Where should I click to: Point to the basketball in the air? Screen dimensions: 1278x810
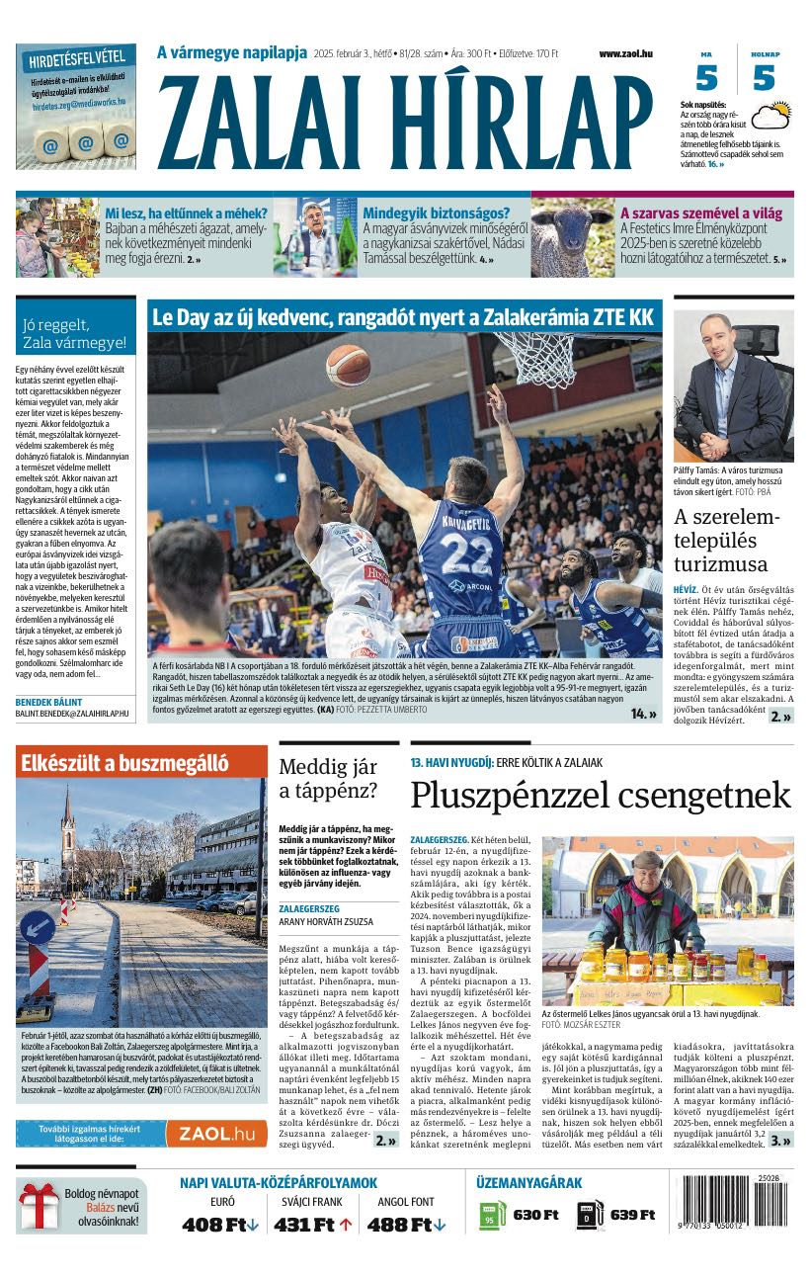348,365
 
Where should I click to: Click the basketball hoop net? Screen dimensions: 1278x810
534,356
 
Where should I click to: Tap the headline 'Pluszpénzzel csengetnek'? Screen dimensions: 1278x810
601,795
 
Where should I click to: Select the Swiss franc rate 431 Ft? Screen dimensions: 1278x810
312,1226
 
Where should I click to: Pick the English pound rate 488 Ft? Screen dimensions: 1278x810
406,1226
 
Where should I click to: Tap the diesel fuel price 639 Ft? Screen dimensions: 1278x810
632,1215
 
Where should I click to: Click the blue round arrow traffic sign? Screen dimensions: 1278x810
38,927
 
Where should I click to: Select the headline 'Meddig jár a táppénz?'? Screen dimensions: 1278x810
328,778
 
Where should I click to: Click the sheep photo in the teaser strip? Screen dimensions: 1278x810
573,237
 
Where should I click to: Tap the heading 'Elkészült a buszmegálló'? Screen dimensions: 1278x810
122,763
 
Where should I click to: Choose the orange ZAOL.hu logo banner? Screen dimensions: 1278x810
215,1134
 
